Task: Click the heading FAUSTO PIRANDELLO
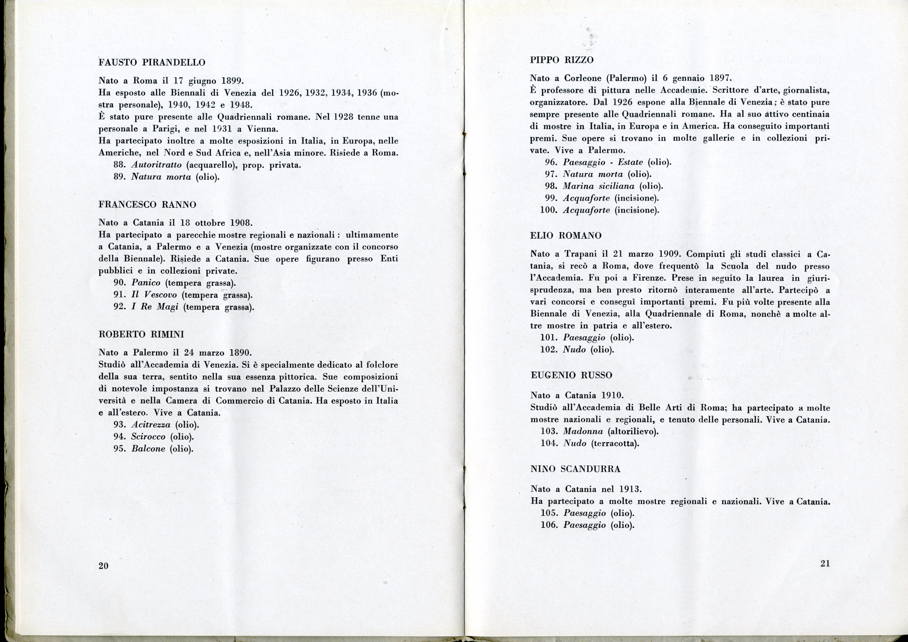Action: (152, 62)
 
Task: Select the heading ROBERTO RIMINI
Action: (141, 334)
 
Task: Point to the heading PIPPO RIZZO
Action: (562, 60)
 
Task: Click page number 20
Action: (103, 566)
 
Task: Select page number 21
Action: (825, 564)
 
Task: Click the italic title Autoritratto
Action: (156, 165)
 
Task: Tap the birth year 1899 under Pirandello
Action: (232, 81)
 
